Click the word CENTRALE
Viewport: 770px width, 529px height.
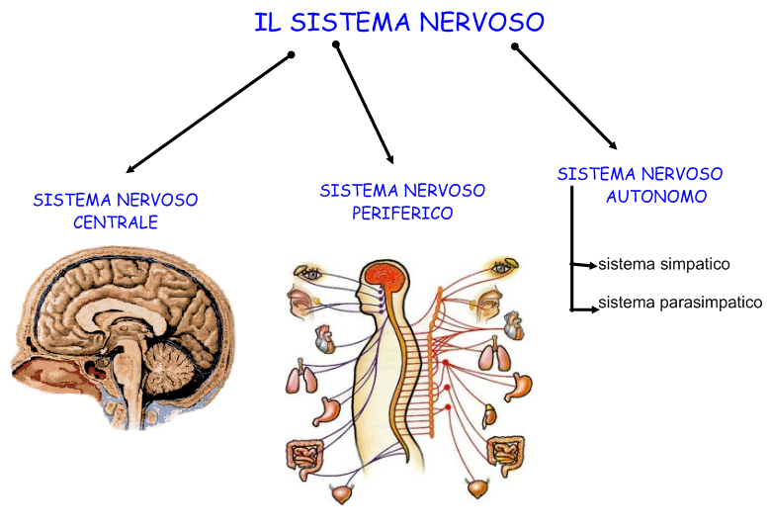pos(116,222)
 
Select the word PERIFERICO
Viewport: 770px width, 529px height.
pos(402,213)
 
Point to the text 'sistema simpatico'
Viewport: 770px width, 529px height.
pos(663,264)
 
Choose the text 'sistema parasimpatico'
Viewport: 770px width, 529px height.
pos(680,303)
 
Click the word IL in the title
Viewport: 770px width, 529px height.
pos(264,21)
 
